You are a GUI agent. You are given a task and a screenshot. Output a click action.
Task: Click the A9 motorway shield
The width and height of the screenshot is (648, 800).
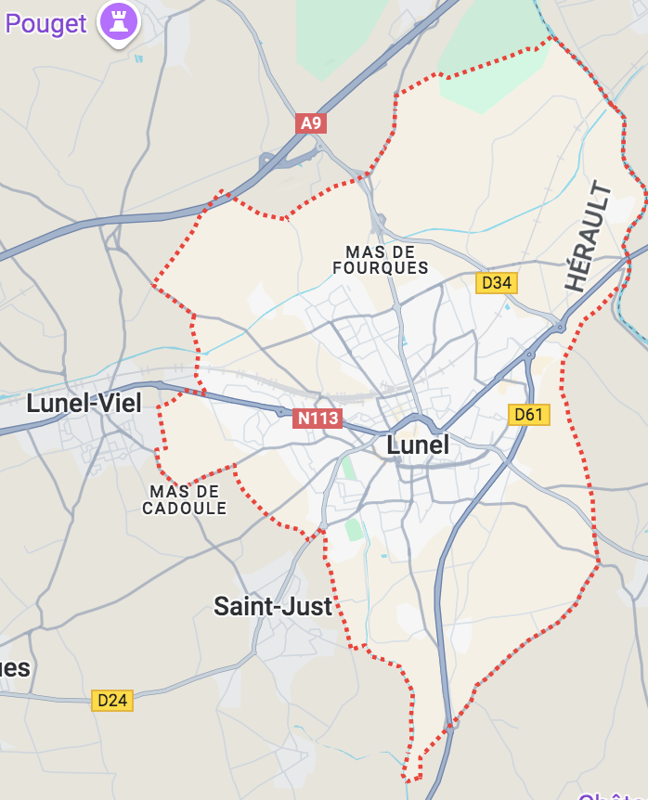click(311, 123)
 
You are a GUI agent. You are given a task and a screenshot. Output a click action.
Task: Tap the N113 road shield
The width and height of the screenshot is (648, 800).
click(318, 419)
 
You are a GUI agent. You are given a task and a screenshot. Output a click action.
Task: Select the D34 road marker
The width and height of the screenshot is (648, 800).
click(497, 283)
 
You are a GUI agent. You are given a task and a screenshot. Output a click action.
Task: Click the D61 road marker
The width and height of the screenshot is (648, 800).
click(528, 415)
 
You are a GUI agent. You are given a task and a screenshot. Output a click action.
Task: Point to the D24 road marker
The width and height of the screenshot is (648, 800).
click(112, 700)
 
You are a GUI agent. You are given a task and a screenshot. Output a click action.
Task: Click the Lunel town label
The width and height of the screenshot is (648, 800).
click(417, 445)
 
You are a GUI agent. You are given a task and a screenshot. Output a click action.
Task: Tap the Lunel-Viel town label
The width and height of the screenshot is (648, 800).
click(84, 403)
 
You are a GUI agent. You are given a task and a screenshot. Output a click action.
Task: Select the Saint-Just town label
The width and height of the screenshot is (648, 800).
click(273, 606)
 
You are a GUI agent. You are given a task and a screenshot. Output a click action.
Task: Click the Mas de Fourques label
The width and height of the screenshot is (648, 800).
click(381, 260)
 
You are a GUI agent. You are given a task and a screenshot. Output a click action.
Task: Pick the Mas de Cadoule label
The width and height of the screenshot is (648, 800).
click(184, 499)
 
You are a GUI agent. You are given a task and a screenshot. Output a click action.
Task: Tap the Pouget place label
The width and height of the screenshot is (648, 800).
click(45, 23)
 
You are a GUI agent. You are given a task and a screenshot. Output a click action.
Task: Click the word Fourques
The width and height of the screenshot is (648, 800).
click(381, 268)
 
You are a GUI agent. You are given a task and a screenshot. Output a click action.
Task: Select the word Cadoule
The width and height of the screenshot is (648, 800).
click(184, 509)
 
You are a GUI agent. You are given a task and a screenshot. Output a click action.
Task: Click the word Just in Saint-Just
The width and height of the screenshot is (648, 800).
click(307, 606)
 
